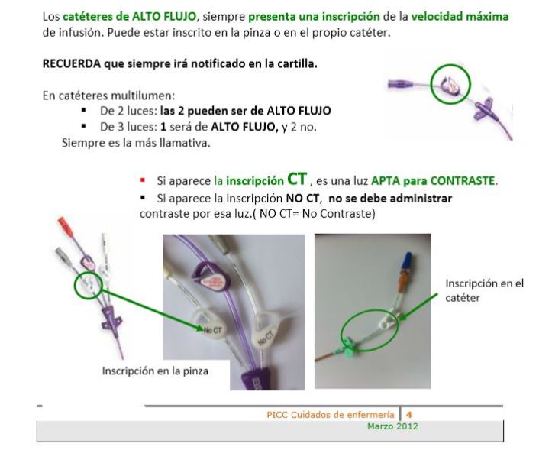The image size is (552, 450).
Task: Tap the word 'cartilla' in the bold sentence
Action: pyautogui.click(x=293, y=63)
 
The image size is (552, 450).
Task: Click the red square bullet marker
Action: pyautogui.click(x=142, y=182)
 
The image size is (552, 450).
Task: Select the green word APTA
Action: pyautogui.click(x=389, y=182)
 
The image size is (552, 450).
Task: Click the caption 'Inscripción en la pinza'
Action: pyautogui.click(x=155, y=371)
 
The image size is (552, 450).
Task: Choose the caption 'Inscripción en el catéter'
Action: pyautogui.click(x=484, y=290)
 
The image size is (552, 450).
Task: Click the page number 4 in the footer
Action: pyautogui.click(x=408, y=415)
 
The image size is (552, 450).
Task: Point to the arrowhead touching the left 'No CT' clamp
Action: pyautogui.click(x=200, y=329)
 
